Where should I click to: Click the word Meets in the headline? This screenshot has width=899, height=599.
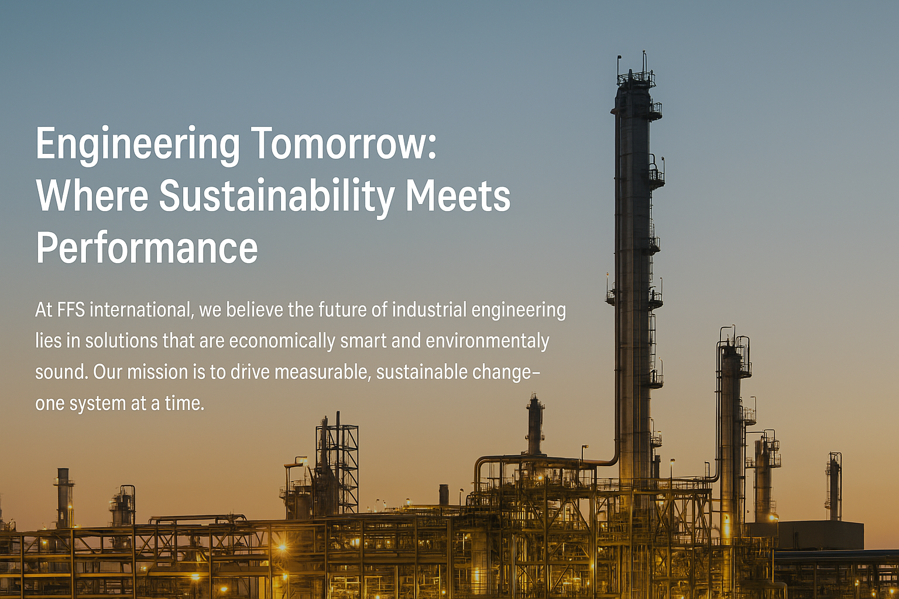458,195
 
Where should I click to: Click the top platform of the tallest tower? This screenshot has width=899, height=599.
636,78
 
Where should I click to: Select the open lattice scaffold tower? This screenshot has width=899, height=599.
337,466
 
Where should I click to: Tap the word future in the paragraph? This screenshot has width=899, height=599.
341,310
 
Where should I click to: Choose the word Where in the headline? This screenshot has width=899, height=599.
92,195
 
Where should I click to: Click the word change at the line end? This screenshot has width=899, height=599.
501,373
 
